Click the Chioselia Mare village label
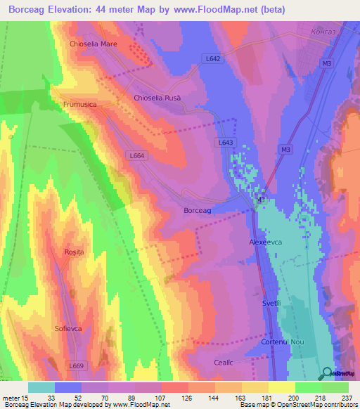(93, 44)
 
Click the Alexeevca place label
(266, 241)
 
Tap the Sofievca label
(70, 328)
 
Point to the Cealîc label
(223, 361)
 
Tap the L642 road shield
(214, 59)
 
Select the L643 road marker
(225, 142)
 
